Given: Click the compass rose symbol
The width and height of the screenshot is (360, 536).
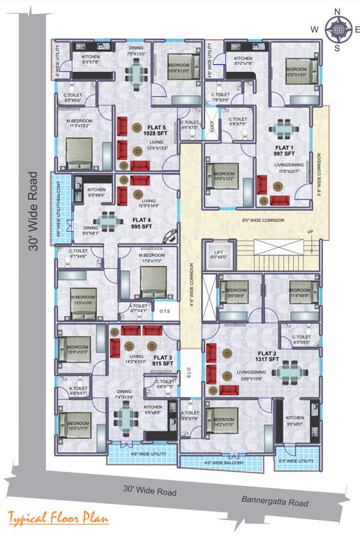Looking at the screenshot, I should (337, 29).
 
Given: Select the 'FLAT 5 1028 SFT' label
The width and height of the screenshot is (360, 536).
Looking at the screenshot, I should (156, 130).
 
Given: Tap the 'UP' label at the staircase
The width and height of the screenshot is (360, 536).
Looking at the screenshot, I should (310, 232).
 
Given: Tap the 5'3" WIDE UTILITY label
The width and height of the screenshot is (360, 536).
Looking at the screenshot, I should (297, 461).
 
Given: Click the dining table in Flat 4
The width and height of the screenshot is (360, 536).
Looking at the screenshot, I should (107, 222).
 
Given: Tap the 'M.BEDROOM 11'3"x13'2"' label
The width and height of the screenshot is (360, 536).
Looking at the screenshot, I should (79, 124).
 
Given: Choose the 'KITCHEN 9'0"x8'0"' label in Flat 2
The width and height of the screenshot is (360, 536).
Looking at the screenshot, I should (295, 420).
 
